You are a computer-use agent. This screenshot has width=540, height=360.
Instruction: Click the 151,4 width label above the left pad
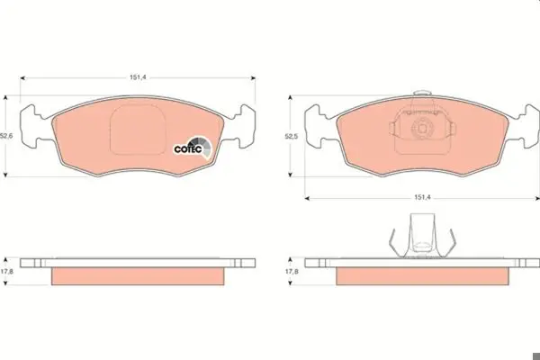coord(138,77)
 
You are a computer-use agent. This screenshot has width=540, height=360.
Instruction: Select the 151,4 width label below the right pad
coord(422,198)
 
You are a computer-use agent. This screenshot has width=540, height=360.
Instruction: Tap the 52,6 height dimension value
coord(6,136)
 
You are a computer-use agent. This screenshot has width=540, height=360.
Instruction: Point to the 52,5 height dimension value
coord(292,137)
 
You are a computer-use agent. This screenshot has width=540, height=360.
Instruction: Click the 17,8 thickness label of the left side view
coord(7,272)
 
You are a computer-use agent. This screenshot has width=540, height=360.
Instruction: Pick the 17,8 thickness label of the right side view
coord(292,272)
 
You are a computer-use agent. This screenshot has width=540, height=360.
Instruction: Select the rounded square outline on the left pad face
coord(111,130)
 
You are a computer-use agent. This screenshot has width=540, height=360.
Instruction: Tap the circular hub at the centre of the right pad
coord(422,128)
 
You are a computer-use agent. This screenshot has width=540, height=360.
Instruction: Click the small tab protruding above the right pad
coord(422,93)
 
